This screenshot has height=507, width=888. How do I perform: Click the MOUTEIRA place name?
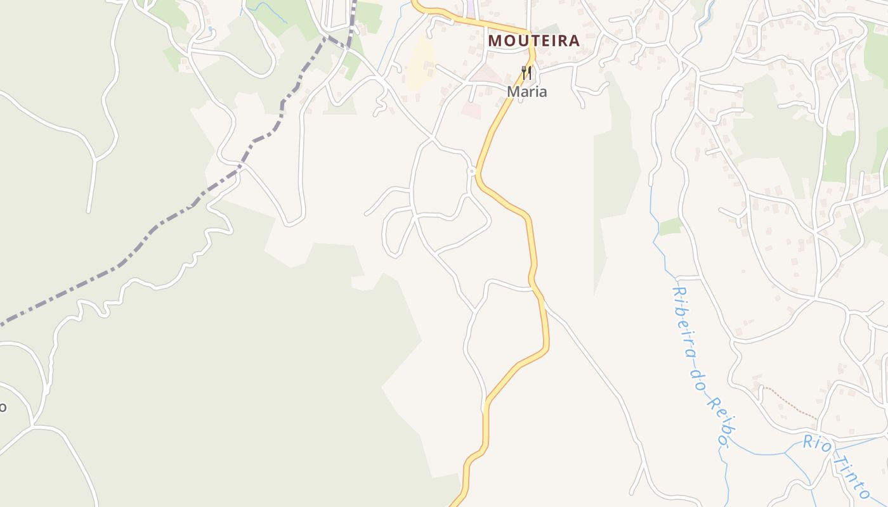click(x=533, y=41)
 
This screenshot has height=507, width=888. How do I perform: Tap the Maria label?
click(x=526, y=92)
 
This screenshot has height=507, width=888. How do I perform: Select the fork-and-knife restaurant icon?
click(x=526, y=73)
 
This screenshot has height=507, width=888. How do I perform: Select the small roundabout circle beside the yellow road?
click(x=471, y=171)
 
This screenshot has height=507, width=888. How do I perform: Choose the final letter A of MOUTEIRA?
click(x=574, y=41)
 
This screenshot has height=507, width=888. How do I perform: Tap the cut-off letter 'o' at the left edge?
click(x=3, y=407)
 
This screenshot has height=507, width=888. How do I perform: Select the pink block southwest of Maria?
click(x=471, y=110)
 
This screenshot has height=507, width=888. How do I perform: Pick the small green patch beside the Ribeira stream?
click(x=670, y=226)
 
